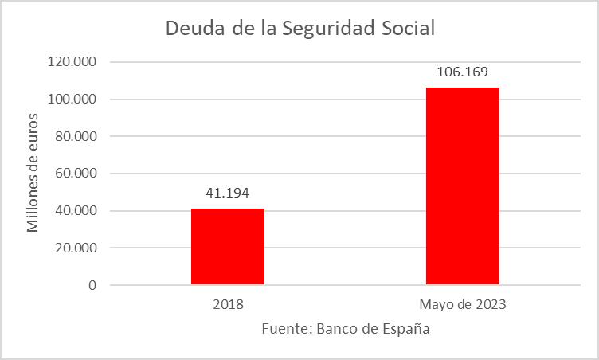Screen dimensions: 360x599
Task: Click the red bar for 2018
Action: point(228,246)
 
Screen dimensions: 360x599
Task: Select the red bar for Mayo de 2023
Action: point(463,186)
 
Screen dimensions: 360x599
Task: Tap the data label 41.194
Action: point(228,192)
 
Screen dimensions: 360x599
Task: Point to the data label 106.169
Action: point(463,72)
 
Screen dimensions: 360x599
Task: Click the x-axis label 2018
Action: point(228,304)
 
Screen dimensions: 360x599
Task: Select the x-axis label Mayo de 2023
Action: point(463,304)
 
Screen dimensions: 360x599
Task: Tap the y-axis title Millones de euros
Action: point(33,174)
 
